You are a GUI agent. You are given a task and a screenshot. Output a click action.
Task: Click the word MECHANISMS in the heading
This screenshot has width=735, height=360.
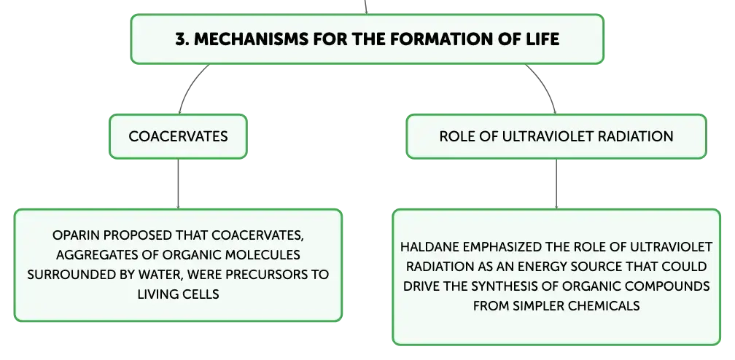coord(252,39)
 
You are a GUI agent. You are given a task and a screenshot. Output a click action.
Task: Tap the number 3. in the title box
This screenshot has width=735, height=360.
coord(182,39)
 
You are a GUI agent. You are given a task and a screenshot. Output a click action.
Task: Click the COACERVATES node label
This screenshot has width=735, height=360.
coord(178,136)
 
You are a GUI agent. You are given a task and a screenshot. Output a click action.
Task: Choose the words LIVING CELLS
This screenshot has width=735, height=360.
coord(178,294)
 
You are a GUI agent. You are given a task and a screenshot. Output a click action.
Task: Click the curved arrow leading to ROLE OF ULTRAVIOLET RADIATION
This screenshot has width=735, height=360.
coord(547,85)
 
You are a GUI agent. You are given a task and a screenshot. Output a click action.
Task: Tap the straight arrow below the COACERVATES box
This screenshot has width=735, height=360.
coord(178,184)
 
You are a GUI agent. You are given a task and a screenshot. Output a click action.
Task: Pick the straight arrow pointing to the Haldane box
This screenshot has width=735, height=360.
coord(556,184)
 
